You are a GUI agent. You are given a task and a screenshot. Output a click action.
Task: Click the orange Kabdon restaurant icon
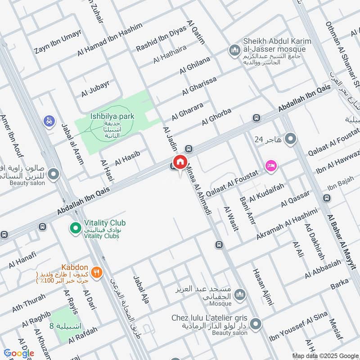coord(95,272)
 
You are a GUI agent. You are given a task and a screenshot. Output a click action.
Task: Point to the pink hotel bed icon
coord(271,166)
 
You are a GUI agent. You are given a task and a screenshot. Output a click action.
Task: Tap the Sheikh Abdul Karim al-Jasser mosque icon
coord(234,49)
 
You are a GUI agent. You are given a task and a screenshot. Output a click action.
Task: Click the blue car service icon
coord(49,121)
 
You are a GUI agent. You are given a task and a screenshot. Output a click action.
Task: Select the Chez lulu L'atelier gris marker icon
coord(256,324)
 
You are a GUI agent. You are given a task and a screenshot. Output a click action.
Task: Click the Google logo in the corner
coord(19,353)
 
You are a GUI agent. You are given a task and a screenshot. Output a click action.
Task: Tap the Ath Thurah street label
coord(29,302)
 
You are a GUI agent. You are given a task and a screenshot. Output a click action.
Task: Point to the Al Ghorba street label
coord(216,116)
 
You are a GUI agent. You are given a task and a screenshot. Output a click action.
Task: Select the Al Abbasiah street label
coord(323,269)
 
